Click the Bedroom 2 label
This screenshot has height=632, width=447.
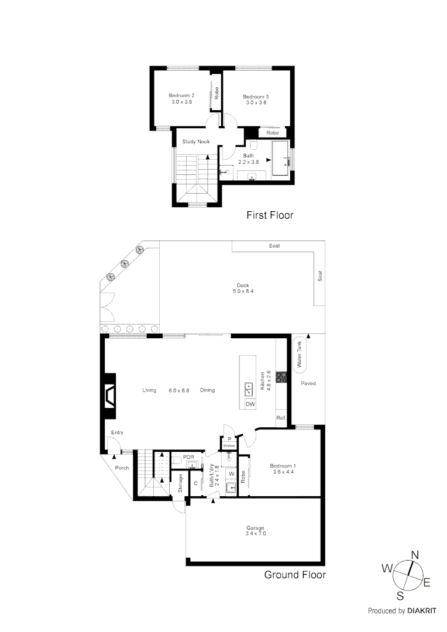click(x=181, y=95)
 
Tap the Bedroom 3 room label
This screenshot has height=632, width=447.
click(x=255, y=96)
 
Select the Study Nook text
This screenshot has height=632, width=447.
click(x=195, y=142)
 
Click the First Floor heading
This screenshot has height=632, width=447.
click(x=269, y=215)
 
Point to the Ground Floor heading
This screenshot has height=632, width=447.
click(x=294, y=575)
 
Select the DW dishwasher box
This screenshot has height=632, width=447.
click(x=250, y=404)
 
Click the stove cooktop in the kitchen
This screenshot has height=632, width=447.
click(x=281, y=377)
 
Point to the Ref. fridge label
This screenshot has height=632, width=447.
click(x=281, y=418)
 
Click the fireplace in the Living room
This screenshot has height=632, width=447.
click(x=110, y=397)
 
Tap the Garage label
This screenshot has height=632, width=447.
click(x=255, y=528)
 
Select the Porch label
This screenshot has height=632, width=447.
click(x=122, y=468)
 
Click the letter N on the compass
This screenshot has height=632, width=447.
click(x=415, y=555)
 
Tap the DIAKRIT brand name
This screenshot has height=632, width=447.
click(x=424, y=610)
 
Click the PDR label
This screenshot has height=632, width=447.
click(x=188, y=457)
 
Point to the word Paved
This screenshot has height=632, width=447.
click(x=308, y=383)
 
